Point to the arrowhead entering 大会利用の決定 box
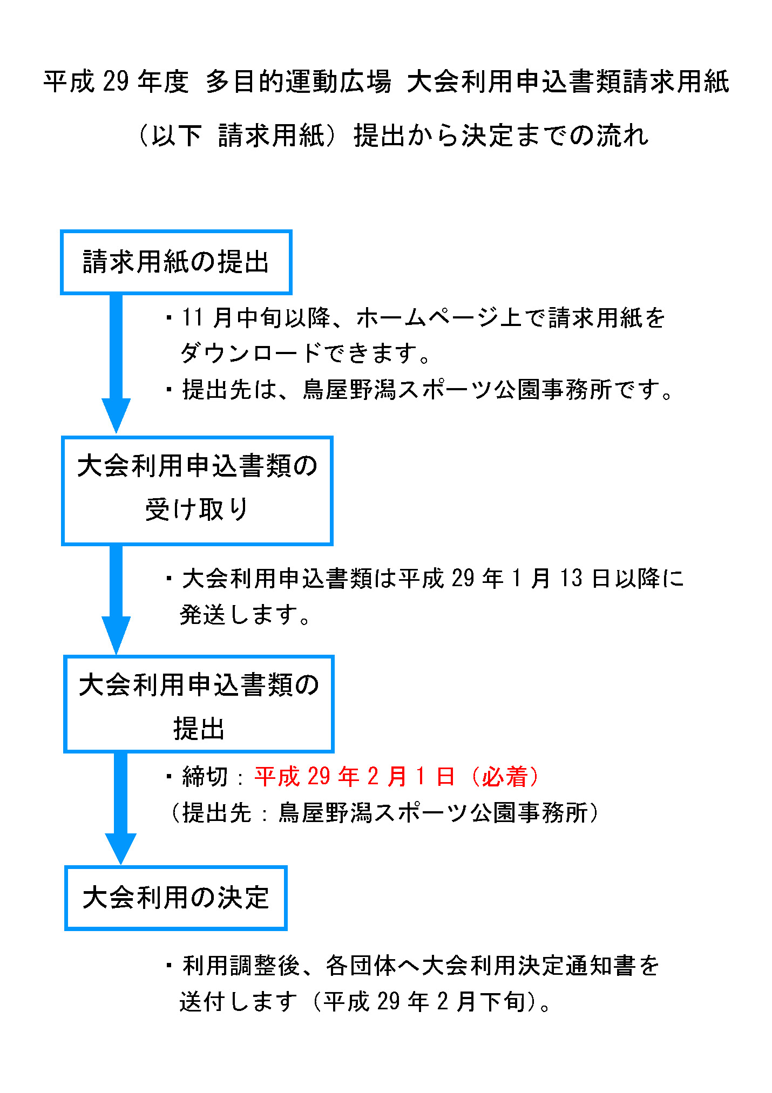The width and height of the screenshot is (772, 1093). (x=120, y=848)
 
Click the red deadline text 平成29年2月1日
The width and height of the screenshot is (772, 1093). (x=355, y=776)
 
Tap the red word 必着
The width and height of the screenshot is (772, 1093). (x=504, y=776)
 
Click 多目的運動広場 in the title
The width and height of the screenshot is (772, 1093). (x=299, y=82)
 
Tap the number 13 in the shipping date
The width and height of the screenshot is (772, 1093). (x=571, y=578)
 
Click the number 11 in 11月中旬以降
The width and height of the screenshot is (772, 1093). (x=193, y=317)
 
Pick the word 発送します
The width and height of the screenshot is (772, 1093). (x=239, y=614)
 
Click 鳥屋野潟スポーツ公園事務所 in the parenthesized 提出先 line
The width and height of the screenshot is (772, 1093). (x=432, y=812)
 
